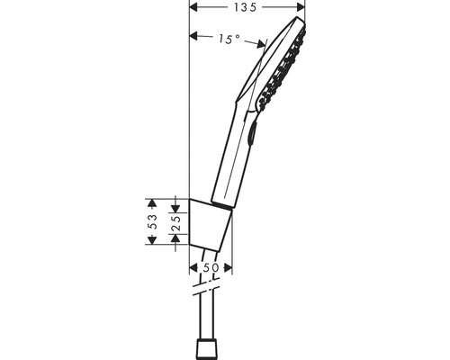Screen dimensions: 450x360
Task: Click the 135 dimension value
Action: coord(245,7)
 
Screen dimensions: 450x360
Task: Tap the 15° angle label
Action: coord(229,39)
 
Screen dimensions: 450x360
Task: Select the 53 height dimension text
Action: coord(153,221)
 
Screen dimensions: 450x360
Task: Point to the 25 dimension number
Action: coord(176,223)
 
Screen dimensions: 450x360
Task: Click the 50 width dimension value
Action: coord(211,267)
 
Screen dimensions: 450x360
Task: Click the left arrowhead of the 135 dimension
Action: coord(193,6)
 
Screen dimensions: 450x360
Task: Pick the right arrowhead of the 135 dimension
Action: coord(301,6)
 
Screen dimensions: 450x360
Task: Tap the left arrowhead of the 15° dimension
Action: coord(193,37)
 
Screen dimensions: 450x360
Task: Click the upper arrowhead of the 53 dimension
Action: coord(153,203)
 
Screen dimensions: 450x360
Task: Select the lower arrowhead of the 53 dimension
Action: coord(153,240)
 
